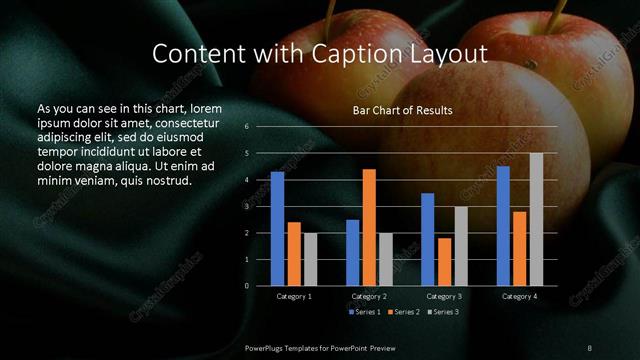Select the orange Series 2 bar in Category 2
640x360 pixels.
pos(369,228)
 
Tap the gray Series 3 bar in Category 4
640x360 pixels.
pos(536,220)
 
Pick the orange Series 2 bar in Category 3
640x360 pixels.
pos(444,262)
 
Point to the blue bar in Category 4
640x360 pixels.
pos(503,226)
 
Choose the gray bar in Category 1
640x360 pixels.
pos(310,259)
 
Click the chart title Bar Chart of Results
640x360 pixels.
pos(403,110)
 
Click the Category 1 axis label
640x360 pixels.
pos(294,296)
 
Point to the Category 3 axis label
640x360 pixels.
pos(444,296)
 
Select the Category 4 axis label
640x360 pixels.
pos(519,296)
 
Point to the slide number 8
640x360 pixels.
pos(590,346)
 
